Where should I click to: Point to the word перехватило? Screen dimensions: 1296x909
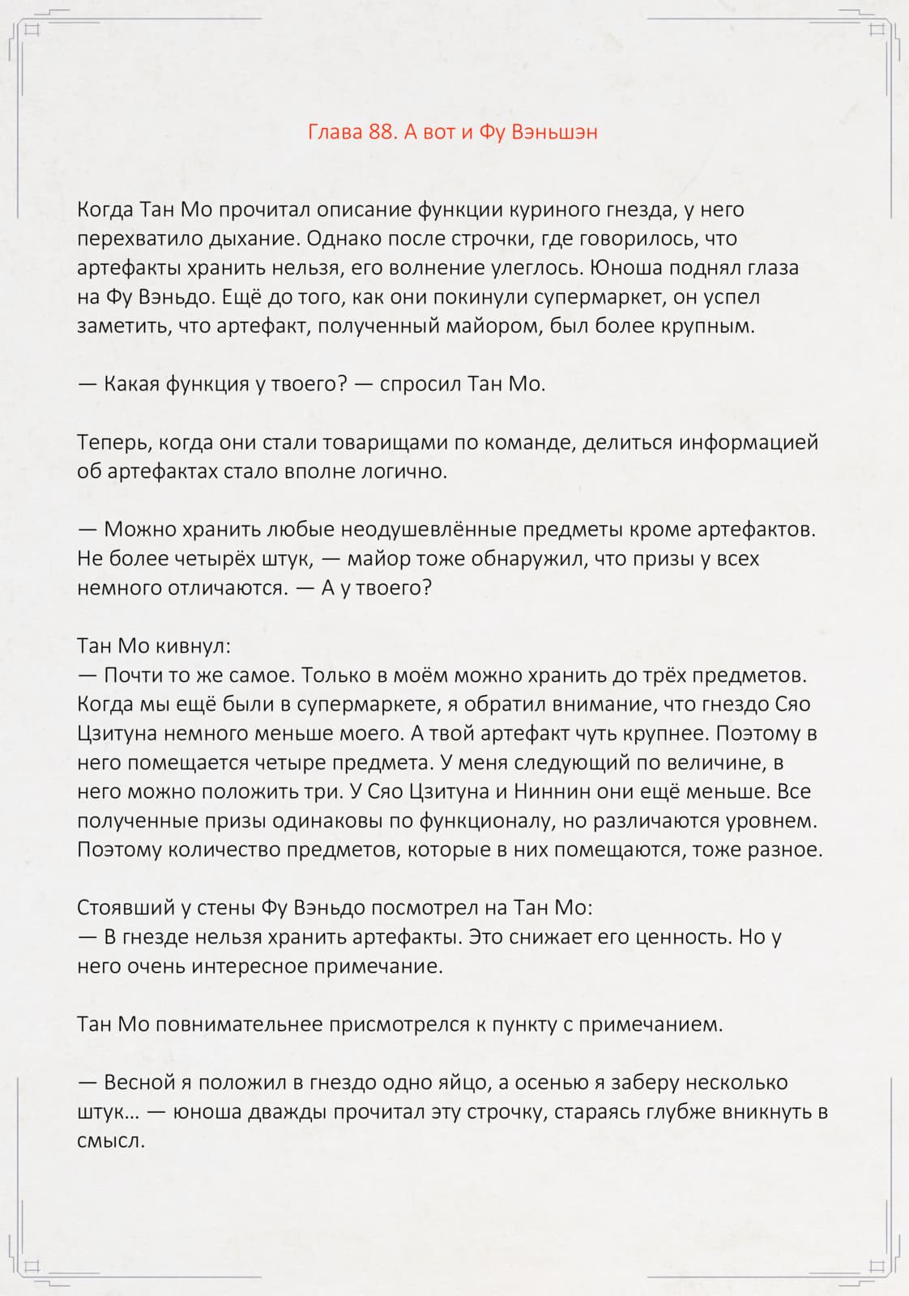point(134,239)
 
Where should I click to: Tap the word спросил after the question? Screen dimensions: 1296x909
point(420,384)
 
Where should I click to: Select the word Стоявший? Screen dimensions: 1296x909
point(124,908)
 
